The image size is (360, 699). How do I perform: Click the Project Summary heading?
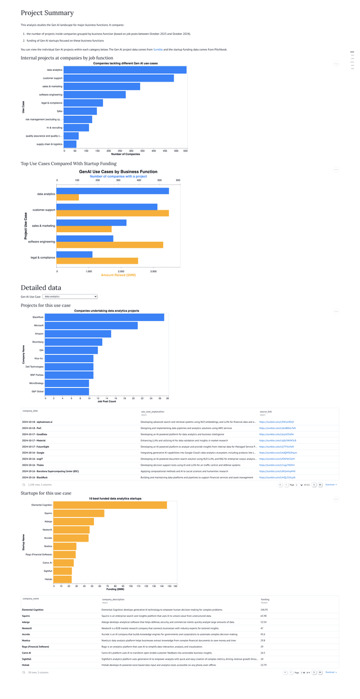(x=47, y=12)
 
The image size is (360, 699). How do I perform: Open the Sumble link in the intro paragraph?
(x=158, y=49)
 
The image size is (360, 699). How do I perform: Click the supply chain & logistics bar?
(x=70, y=144)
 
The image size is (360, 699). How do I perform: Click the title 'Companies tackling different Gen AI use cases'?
(x=125, y=63)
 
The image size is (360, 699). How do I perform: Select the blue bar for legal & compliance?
(x=74, y=254)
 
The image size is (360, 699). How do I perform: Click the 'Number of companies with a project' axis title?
(x=118, y=176)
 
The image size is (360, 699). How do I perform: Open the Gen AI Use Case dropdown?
(x=70, y=296)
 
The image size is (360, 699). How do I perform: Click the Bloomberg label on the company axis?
(x=38, y=342)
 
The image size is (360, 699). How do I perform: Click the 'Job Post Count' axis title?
(x=107, y=401)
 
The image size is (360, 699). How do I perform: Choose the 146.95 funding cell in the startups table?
(x=264, y=609)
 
